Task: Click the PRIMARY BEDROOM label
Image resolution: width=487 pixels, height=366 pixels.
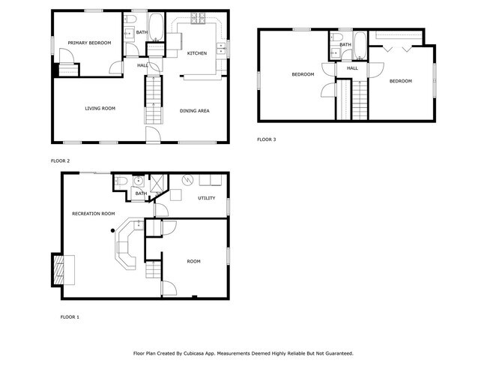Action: (x=89, y=43)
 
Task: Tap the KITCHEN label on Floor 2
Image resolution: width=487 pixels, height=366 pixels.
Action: (x=197, y=53)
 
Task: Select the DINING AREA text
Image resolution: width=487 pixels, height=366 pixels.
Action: (x=194, y=111)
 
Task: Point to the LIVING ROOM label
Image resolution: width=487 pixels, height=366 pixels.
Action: (x=100, y=109)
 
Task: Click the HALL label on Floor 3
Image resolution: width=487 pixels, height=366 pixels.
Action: (x=352, y=68)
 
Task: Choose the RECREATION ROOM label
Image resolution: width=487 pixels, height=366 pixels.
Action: (x=93, y=214)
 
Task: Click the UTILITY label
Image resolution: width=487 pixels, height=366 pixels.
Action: (x=206, y=198)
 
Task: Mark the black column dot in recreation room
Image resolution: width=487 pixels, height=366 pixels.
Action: (x=112, y=230)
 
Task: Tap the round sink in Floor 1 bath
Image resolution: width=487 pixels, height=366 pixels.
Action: (x=138, y=181)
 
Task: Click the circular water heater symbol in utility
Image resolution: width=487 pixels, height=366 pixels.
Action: (x=188, y=179)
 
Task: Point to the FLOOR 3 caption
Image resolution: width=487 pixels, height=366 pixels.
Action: (x=267, y=139)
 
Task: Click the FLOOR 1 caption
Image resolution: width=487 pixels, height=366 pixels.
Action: (x=70, y=317)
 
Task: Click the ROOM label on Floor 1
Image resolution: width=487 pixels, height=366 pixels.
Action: (x=194, y=261)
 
